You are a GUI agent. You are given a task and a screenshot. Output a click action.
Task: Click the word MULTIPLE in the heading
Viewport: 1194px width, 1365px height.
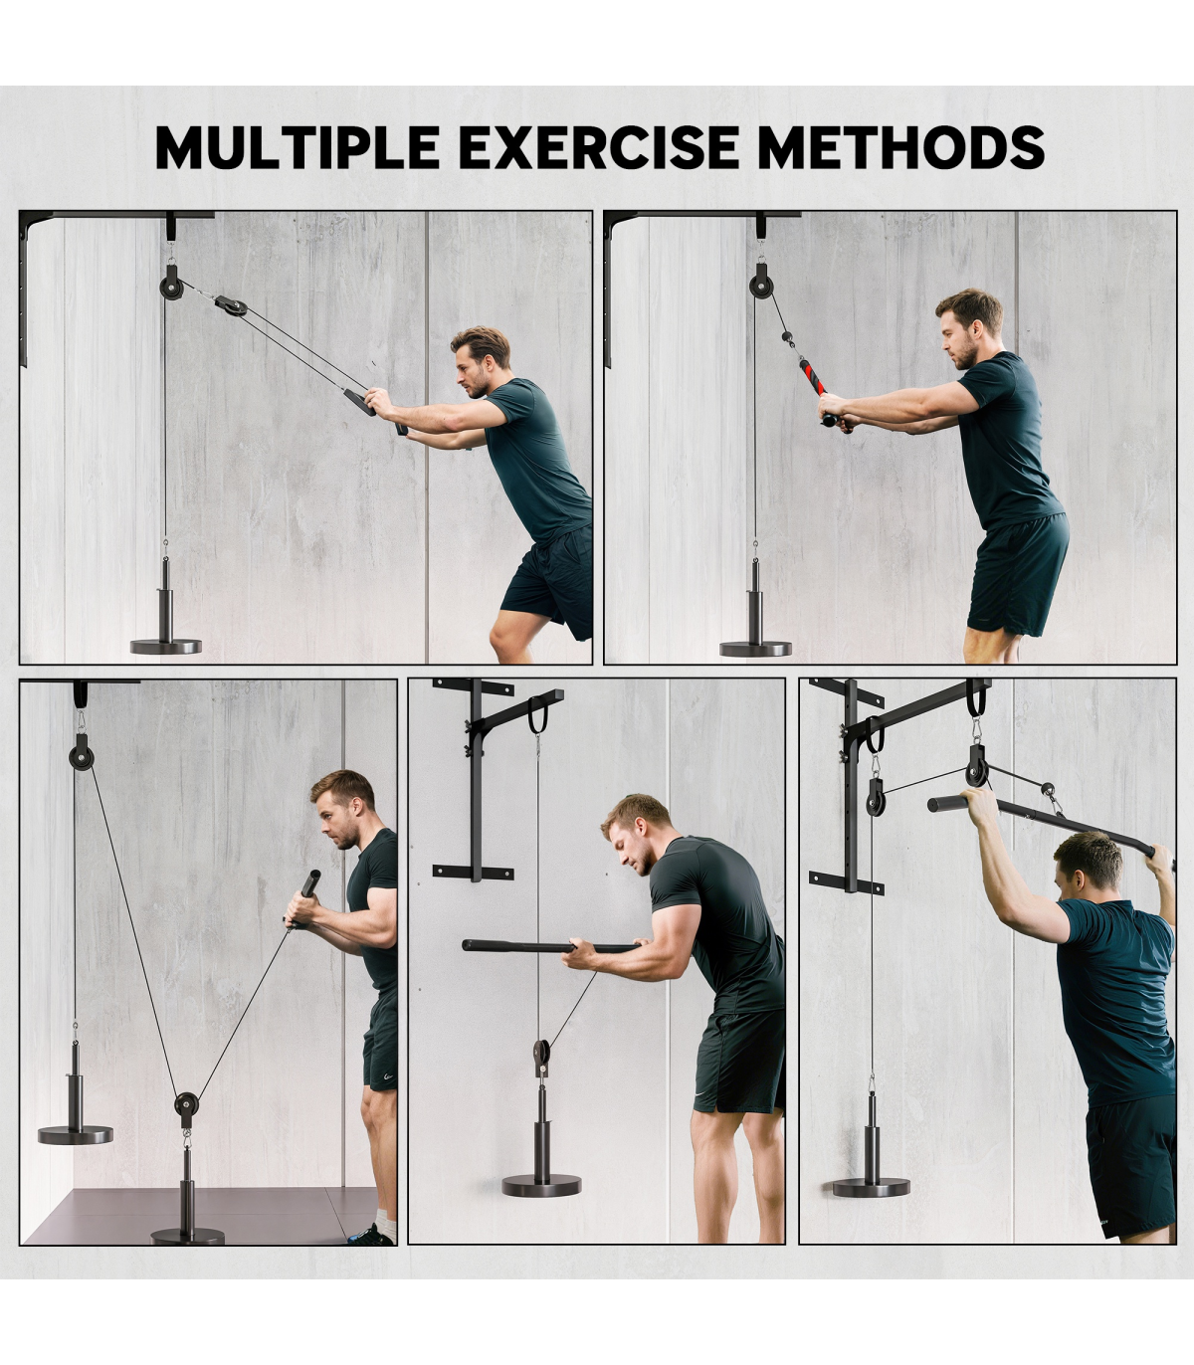coord(298,147)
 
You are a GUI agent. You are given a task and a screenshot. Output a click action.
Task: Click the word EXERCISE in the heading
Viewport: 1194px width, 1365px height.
coord(598,147)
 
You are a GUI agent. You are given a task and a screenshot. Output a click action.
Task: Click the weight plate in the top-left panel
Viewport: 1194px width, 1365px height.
coord(165,645)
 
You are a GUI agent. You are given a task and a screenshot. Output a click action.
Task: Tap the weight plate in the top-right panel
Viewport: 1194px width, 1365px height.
coord(755,648)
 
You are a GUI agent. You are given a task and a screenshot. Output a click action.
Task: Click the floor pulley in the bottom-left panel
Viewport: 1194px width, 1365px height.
coord(187,1104)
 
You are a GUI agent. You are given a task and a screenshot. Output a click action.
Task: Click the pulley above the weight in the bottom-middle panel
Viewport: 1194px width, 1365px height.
coord(541,1055)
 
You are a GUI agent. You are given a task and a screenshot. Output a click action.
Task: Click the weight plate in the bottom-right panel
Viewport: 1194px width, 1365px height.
coord(872,1187)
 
